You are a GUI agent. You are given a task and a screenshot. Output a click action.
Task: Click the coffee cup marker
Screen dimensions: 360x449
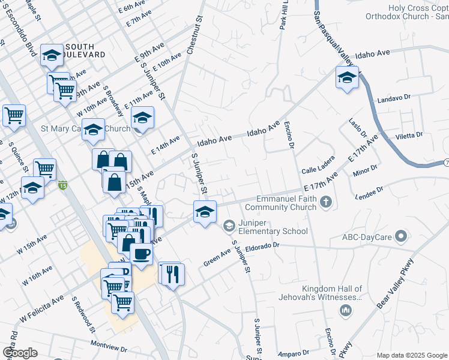pos(141,253)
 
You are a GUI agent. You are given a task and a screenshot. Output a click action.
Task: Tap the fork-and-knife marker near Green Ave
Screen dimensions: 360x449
pos(172,274)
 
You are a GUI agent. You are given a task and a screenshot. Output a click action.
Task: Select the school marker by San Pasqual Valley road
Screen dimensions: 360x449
pos(347,77)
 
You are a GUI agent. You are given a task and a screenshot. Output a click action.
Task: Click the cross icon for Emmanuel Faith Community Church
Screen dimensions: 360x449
pos(326,202)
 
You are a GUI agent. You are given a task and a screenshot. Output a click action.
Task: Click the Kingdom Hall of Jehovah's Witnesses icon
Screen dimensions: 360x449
pos(345,310)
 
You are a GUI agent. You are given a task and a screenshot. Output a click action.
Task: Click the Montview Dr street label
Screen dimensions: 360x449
pos(109,346)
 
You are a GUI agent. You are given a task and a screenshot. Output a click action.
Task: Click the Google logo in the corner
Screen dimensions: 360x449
pos(20,352)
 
